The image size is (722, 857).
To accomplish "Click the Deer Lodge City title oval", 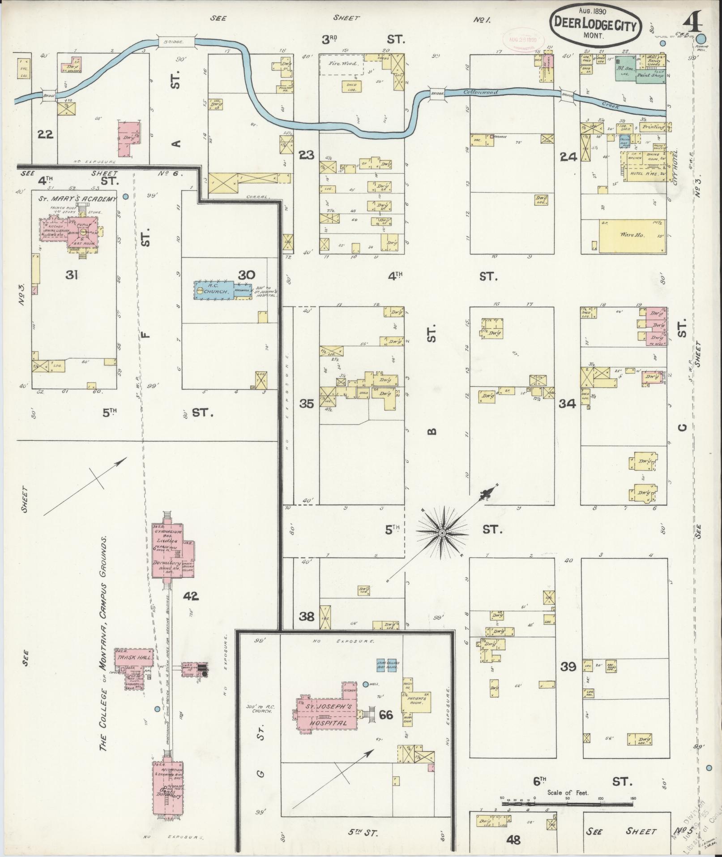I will [595, 26].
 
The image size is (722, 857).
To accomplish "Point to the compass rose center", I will [442, 532].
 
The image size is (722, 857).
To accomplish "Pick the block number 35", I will [307, 403].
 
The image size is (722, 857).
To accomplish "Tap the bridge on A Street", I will [175, 41].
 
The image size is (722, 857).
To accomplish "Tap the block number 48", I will [513, 840].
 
